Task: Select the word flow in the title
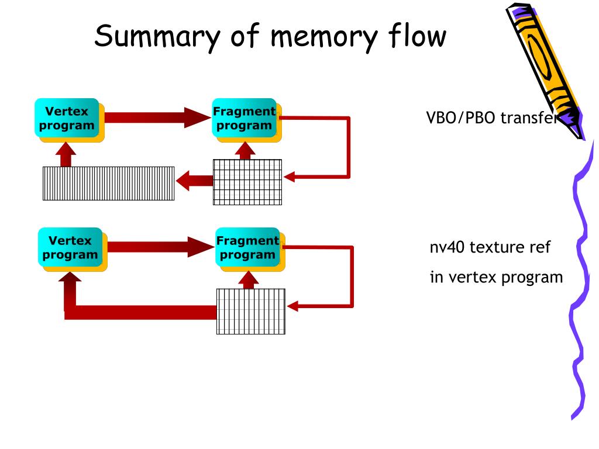click(x=417, y=35)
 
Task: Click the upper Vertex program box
click(x=69, y=120)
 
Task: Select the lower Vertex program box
click(x=73, y=249)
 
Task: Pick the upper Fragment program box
click(x=247, y=120)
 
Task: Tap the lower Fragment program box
click(x=250, y=249)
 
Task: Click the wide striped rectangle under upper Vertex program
click(x=108, y=183)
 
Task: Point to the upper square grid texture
click(x=247, y=182)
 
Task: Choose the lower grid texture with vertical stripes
click(x=250, y=311)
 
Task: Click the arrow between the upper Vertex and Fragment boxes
click(x=158, y=118)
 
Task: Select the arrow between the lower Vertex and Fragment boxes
click(x=161, y=247)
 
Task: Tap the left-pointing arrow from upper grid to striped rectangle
click(x=194, y=181)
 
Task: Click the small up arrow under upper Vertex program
click(x=66, y=154)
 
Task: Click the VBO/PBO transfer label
click(x=493, y=118)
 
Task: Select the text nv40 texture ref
click(x=490, y=247)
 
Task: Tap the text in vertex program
click(x=496, y=278)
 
